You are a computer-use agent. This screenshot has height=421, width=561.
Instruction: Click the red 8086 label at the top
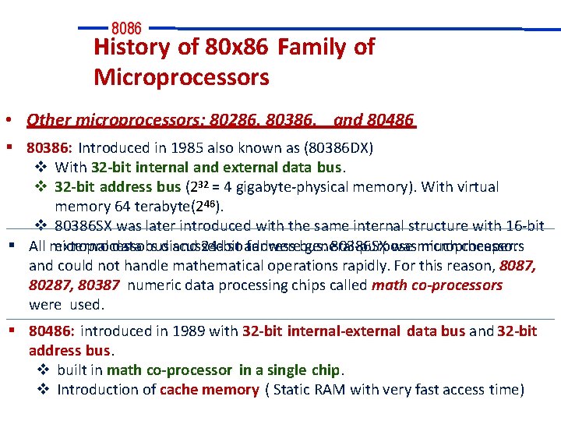coord(126,29)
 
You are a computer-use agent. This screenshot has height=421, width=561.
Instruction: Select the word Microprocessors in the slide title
coord(181,77)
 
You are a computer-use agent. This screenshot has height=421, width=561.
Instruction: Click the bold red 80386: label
coord(50,147)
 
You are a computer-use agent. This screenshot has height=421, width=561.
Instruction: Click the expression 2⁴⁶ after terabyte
coord(209,206)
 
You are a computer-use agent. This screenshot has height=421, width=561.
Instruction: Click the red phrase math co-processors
coord(437,285)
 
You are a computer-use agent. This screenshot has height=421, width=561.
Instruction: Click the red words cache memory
coord(209,390)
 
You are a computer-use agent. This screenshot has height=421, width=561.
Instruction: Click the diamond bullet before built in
coord(44,370)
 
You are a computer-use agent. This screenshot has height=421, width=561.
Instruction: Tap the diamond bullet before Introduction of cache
coord(44,390)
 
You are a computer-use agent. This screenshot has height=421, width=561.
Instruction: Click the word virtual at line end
coord(477,187)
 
